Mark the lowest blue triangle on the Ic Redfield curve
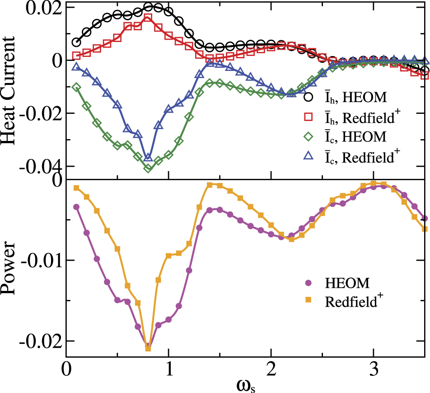point(148,157)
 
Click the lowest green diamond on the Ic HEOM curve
point(148,168)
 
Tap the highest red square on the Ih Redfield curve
point(148,19)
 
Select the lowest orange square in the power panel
point(148,348)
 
